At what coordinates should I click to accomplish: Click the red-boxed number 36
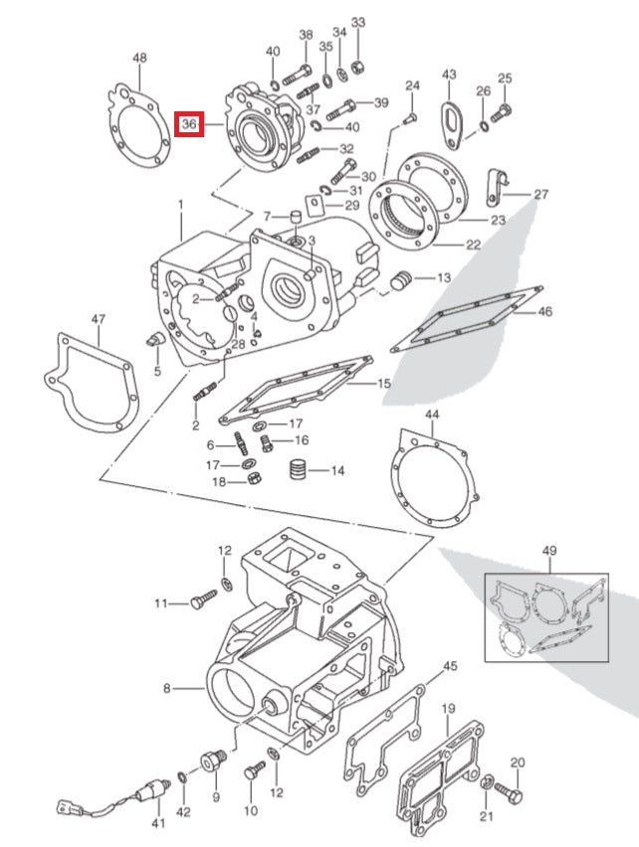click(189, 125)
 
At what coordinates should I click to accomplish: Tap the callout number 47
click(98, 319)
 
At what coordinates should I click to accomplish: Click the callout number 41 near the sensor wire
click(156, 824)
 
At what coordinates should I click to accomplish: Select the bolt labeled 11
click(203, 602)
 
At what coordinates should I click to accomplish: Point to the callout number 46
click(544, 311)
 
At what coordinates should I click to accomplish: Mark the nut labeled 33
click(359, 67)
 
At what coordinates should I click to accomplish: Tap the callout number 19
click(448, 709)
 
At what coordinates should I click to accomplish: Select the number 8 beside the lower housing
click(167, 687)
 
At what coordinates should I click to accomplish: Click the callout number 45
click(450, 666)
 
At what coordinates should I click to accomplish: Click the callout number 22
click(473, 245)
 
